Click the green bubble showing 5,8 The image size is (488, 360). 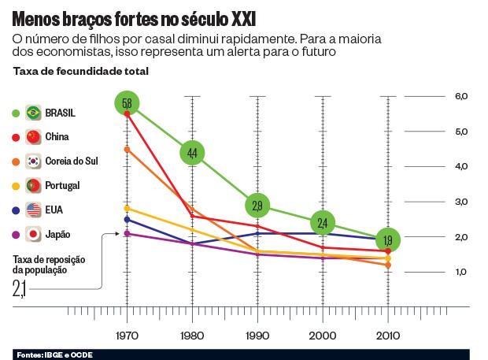(x=127, y=103)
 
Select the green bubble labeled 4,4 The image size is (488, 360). (x=193, y=153)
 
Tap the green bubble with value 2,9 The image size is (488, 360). (x=258, y=206)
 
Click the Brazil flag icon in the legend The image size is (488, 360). (x=33, y=112)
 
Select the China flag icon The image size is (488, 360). (x=33, y=136)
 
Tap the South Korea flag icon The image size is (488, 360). (x=33, y=161)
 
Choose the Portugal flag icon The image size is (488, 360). (x=33, y=185)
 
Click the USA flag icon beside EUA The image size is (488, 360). (x=33, y=210)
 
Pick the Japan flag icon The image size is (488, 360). (x=33, y=234)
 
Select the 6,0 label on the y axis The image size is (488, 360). (x=460, y=96)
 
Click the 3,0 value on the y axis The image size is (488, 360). (x=460, y=202)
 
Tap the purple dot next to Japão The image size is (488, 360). (x=16, y=234)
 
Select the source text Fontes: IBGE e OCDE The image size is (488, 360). (x=54, y=354)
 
